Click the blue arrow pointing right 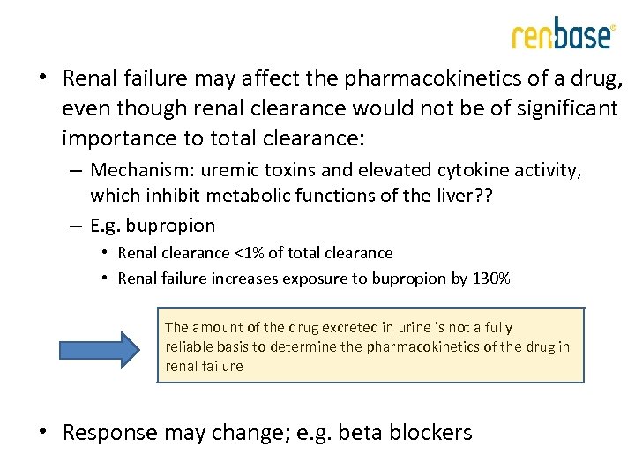pos(104,349)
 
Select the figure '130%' pos(490,279)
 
